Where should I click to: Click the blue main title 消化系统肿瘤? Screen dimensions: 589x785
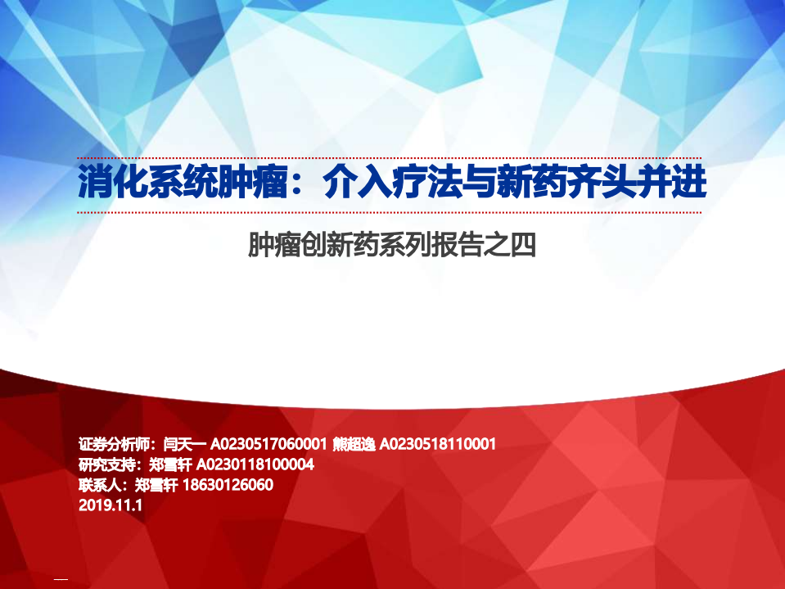pos(183,184)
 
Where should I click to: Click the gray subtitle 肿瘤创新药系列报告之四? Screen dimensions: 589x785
pos(391,243)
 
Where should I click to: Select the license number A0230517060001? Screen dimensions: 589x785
pos(270,445)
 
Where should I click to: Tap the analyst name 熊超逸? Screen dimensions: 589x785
pos(354,445)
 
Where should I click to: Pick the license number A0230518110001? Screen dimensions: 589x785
pos(439,445)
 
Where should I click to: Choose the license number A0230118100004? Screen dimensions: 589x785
pos(255,465)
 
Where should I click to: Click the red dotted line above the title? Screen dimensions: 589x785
pos(389,159)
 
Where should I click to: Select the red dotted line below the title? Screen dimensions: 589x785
pos(389,212)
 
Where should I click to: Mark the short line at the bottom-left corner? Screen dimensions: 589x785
pos(61,579)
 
